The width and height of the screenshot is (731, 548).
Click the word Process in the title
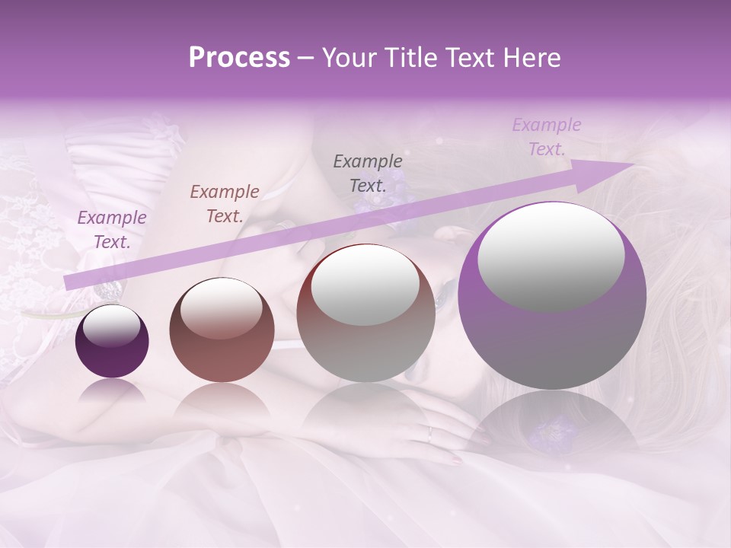tap(239, 58)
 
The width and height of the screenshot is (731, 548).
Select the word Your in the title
tap(348, 58)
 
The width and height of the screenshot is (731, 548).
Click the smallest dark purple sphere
tap(112, 342)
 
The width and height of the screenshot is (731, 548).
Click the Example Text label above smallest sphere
tap(112, 230)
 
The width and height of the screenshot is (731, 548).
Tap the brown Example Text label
tap(224, 204)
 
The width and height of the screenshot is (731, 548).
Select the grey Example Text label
tap(368, 173)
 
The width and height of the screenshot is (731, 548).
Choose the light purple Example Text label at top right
tap(547, 137)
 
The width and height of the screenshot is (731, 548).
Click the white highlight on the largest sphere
tap(551, 256)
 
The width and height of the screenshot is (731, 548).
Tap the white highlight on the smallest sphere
tap(111, 327)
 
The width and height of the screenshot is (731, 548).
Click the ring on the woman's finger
tap(429, 435)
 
